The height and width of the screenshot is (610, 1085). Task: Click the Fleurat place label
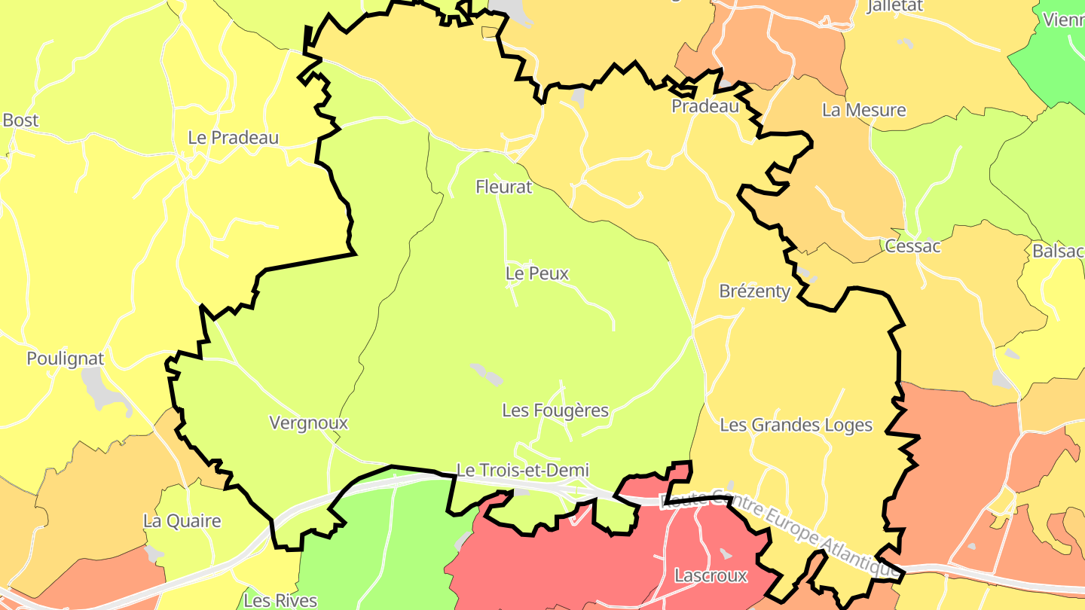click(x=504, y=187)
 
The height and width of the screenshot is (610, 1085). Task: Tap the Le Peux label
click(x=537, y=273)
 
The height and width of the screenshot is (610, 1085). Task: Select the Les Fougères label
click(x=555, y=410)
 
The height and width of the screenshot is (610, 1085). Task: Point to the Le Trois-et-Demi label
click(x=523, y=471)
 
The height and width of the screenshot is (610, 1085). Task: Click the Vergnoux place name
click(x=309, y=423)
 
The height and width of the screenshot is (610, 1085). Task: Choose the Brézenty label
click(x=755, y=291)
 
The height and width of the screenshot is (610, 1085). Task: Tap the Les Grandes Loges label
click(x=796, y=425)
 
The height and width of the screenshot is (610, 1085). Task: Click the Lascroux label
click(x=711, y=576)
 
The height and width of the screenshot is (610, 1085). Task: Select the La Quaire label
click(x=182, y=521)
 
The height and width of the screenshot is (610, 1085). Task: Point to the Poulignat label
click(x=66, y=358)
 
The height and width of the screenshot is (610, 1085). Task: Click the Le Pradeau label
click(x=234, y=138)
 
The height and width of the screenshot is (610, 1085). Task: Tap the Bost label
click(x=20, y=120)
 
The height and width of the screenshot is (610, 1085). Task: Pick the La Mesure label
click(x=863, y=110)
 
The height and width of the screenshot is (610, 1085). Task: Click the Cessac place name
click(x=912, y=246)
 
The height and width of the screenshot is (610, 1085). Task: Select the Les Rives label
click(x=280, y=600)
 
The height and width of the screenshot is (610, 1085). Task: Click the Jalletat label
click(x=894, y=7)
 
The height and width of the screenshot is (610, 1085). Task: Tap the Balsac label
click(x=1058, y=252)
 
